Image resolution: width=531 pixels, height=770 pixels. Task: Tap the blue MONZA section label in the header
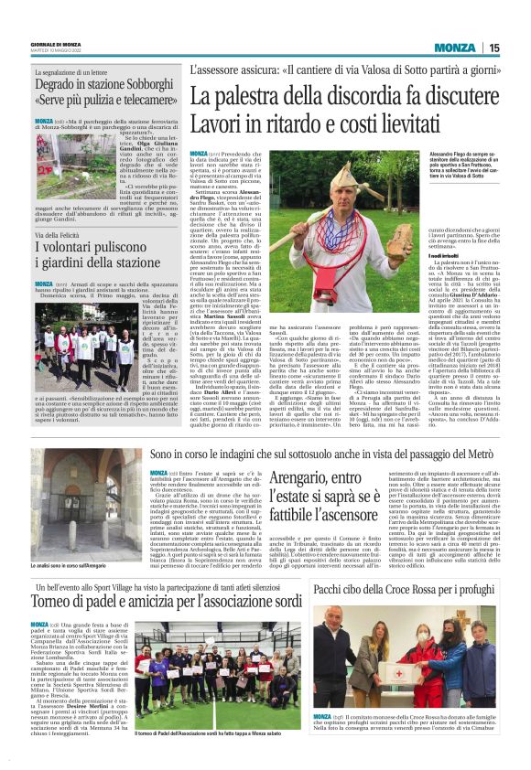454,48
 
